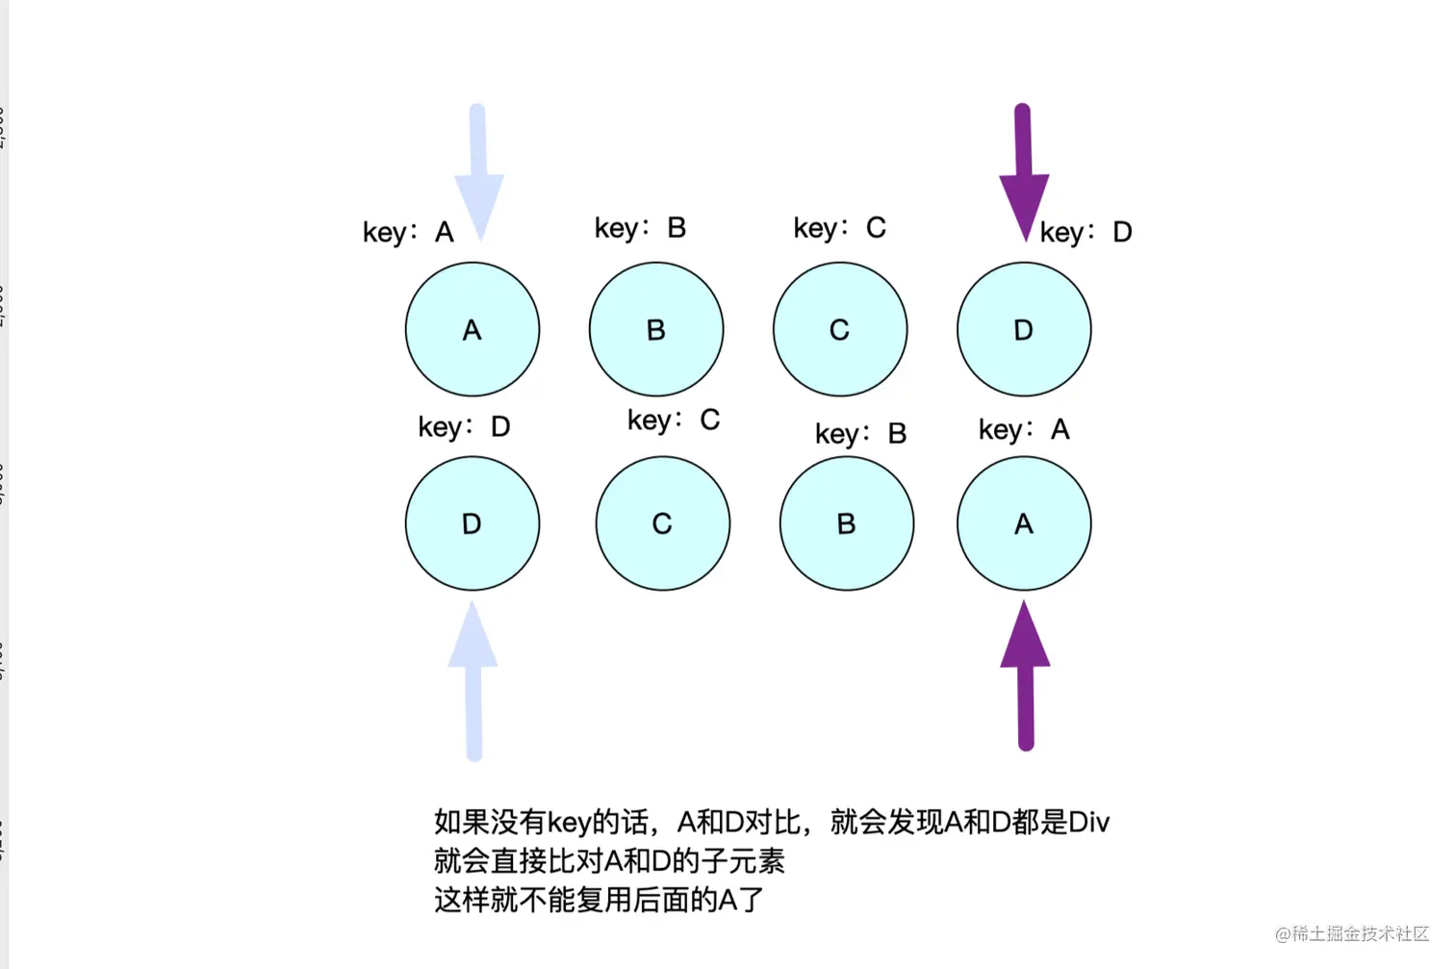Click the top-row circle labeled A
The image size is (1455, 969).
coord(472,329)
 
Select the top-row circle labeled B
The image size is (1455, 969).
coord(655,329)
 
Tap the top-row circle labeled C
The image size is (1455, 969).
coord(839,329)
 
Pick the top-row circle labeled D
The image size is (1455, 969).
coord(1023,329)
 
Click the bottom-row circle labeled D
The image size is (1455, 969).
coord(472,523)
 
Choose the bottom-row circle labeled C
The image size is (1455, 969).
coord(662,523)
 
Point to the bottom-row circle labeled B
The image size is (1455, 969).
coord(846,523)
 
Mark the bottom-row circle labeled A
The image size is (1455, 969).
coord(1023,523)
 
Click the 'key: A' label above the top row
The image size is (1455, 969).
coord(408,232)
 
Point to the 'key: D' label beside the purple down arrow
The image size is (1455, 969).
coord(1085,232)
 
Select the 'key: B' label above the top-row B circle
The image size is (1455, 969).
coord(640,228)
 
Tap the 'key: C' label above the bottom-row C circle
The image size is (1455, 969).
coord(673,421)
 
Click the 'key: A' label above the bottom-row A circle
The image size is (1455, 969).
coord(1024,429)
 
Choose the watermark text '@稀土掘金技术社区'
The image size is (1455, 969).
coord(1352,933)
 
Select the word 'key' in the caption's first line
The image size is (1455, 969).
coord(569,823)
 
